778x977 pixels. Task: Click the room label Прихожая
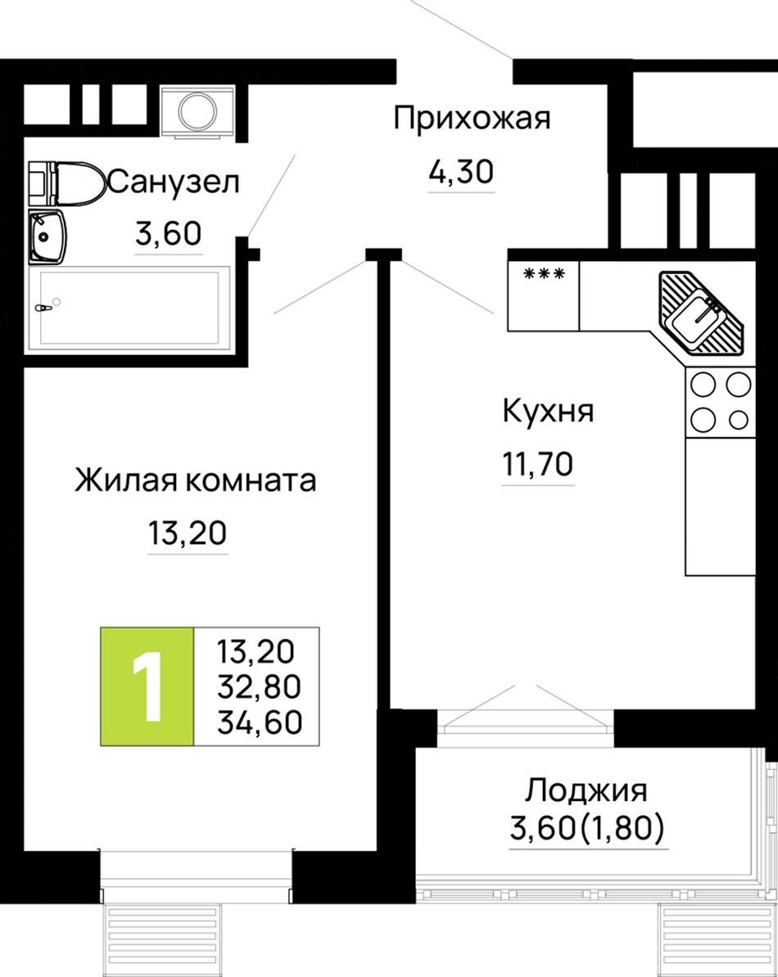pyautogui.click(x=472, y=119)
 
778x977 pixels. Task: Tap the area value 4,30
pyautogui.click(x=461, y=171)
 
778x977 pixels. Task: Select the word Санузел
pyautogui.click(x=174, y=182)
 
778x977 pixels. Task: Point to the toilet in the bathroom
pyautogui.click(x=66, y=182)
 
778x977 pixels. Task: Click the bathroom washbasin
pyautogui.click(x=47, y=236)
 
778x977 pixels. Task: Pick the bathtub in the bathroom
pyautogui.click(x=129, y=306)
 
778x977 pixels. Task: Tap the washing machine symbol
pyautogui.click(x=198, y=111)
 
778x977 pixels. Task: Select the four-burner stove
pyautogui.click(x=720, y=402)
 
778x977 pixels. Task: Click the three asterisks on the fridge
pyautogui.click(x=545, y=273)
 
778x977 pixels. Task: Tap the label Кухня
pyautogui.click(x=548, y=412)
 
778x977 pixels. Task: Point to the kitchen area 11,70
pyautogui.click(x=538, y=464)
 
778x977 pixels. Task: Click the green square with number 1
pyautogui.click(x=147, y=686)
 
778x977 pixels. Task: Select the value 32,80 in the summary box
pyautogui.click(x=260, y=687)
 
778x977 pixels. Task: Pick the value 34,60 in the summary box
pyautogui.click(x=260, y=722)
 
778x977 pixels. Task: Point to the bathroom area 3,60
pyautogui.click(x=169, y=234)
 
